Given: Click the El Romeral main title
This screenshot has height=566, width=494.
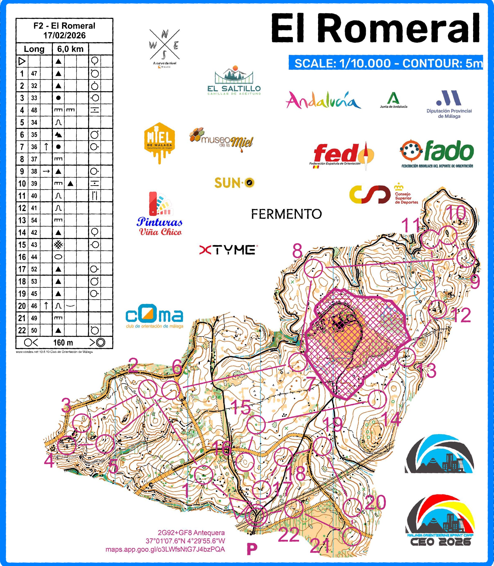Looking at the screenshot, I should coord(375,28).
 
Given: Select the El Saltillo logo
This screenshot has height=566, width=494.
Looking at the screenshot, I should coord(234,81).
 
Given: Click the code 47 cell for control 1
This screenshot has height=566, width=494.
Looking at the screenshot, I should coord(34,74).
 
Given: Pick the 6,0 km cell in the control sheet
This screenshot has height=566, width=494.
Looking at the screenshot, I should coord(70,49).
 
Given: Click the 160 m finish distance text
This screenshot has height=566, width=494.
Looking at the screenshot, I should coord(63,343).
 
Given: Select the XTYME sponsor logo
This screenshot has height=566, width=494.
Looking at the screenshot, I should coord(227,250).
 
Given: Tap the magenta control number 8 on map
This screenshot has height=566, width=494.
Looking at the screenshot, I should coord(297,251).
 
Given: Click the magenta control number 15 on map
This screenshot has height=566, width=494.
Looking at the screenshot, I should coord(241,407).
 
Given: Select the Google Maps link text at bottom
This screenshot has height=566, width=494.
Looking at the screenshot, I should coord(165,549).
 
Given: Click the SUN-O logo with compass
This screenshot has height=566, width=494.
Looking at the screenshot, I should coord(234,183).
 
